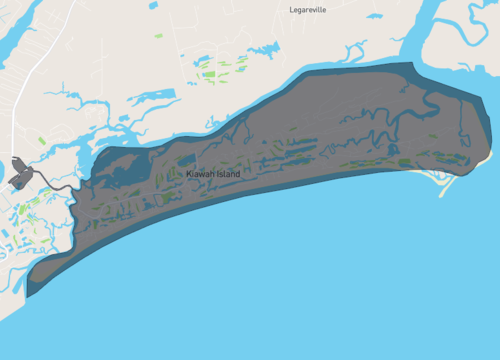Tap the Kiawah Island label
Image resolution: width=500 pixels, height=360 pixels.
click(x=213, y=174)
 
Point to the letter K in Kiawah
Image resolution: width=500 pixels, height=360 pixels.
click(x=189, y=174)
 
